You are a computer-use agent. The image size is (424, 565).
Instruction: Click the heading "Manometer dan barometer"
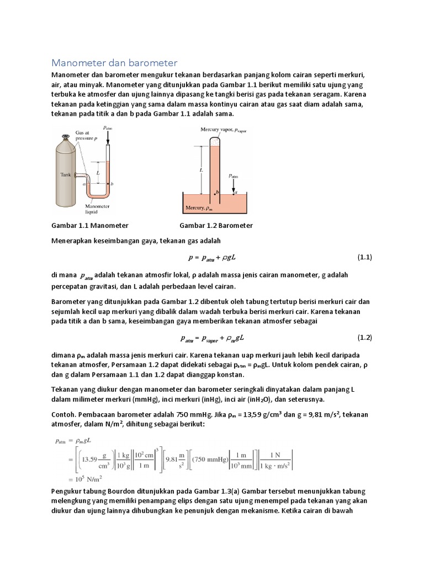point(114,63)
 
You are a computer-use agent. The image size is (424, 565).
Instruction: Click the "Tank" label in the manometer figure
point(66,174)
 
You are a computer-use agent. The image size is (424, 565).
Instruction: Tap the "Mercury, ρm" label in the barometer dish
point(199,208)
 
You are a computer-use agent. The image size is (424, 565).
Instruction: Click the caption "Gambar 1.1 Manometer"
point(90,226)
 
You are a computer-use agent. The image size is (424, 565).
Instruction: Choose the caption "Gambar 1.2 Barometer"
point(216,226)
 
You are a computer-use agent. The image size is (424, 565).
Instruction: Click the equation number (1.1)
point(365,257)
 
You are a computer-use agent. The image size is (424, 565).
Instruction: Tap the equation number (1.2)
point(365,337)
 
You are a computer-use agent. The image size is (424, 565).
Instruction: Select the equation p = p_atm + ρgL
point(212,258)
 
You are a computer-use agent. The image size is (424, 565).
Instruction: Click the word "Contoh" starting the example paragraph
point(65,414)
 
